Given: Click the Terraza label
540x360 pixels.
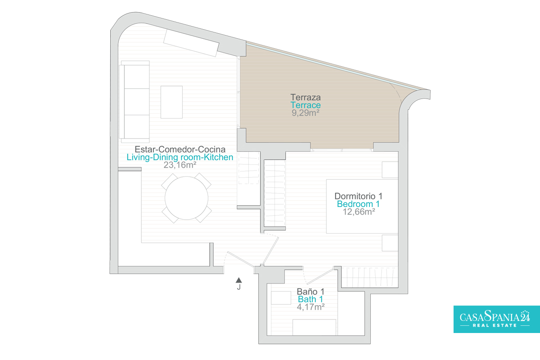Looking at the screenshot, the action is click(x=306, y=97).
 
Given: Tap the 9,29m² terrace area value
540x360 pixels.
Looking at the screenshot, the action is click(x=306, y=113).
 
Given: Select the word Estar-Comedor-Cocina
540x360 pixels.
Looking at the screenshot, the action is click(x=180, y=149).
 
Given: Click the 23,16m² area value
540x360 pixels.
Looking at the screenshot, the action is click(x=180, y=165).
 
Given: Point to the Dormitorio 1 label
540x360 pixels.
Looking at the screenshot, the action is click(x=358, y=196).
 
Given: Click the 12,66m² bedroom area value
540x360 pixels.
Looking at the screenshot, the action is click(x=359, y=211).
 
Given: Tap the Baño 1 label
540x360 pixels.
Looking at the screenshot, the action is click(x=310, y=292).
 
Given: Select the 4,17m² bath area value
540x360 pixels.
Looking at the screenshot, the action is click(x=310, y=307).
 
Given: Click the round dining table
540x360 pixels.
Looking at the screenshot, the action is click(x=187, y=198).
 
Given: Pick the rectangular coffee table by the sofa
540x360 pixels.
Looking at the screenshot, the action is click(x=171, y=102).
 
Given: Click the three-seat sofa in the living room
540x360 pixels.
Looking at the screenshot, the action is click(x=135, y=102).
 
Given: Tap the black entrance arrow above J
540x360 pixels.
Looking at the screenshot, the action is click(x=238, y=280).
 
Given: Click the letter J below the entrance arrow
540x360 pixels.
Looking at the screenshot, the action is click(x=238, y=287).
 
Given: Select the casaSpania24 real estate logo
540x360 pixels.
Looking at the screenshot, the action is click(x=497, y=319).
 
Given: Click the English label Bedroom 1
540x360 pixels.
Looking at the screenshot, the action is click(x=358, y=204).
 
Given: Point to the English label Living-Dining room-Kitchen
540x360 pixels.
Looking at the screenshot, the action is click(x=180, y=157).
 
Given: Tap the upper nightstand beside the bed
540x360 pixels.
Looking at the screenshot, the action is click(x=390, y=170).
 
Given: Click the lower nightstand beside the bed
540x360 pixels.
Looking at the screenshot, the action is click(x=390, y=243).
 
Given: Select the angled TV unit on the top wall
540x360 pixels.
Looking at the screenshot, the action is click(x=191, y=43).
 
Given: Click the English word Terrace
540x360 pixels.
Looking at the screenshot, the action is click(x=306, y=105).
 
